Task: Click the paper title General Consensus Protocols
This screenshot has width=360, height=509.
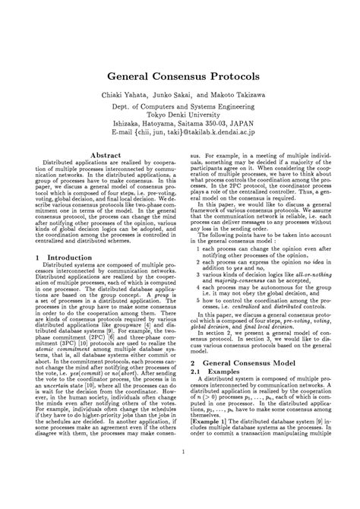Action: click(x=181, y=77)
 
